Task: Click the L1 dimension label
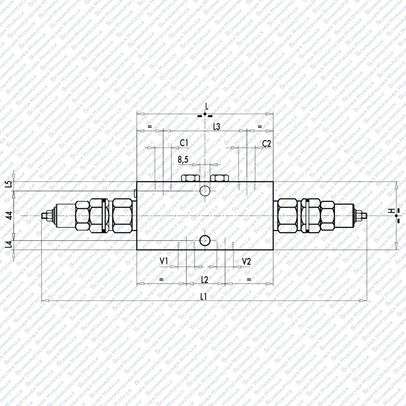pyautogui.click(x=203, y=296)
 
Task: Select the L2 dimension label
pyautogui.click(x=204, y=279)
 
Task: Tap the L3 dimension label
pyautogui.click(x=216, y=126)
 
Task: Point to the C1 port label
pyautogui.click(x=184, y=143)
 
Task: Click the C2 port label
pyautogui.click(x=266, y=143)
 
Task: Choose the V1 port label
pyautogui.click(x=164, y=262)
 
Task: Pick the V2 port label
pyautogui.click(x=246, y=262)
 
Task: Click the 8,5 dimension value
pyautogui.click(x=183, y=160)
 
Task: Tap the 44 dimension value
pyautogui.click(x=10, y=215)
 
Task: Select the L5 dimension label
pyautogui.click(x=10, y=184)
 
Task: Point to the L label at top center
pyautogui.click(x=207, y=107)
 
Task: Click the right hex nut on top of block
pyautogui.click(x=219, y=178)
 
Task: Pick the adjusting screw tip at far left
pyautogui.click(x=44, y=216)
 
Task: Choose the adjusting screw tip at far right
pyautogui.click(x=366, y=216)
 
